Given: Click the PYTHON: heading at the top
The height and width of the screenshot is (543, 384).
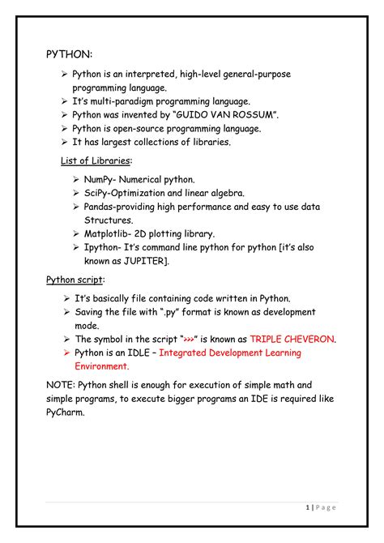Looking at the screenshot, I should [x=69, y=53].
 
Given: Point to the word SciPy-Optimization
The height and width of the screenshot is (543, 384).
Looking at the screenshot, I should [x=130, y=193].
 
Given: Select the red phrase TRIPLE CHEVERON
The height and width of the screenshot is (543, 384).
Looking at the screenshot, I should [x=293, y=339].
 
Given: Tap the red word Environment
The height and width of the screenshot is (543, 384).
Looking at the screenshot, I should [x=105, y=366].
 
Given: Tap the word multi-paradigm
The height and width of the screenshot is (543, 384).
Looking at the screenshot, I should [x=122, y=101].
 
